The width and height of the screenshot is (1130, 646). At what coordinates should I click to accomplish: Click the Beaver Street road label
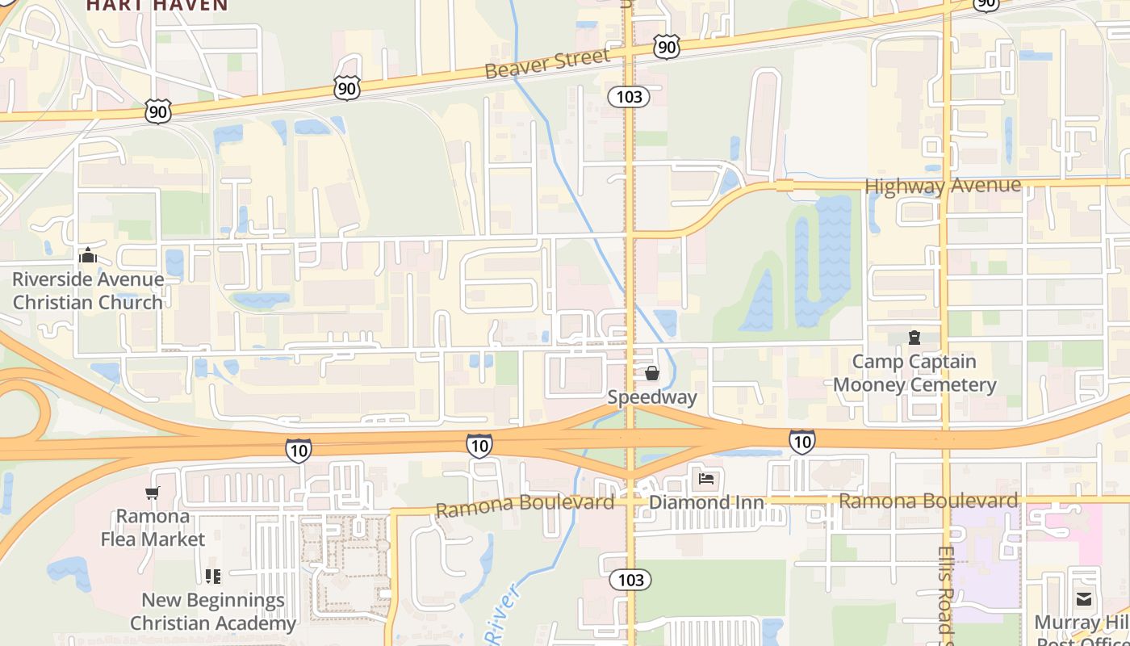(x=546, y=63)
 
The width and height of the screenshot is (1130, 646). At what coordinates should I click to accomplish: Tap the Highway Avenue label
(x=942, y=187)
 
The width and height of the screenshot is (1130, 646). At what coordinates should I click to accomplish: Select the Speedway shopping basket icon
(x=652, y=373)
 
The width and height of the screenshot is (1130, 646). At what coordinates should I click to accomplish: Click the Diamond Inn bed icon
(x=706, y=479)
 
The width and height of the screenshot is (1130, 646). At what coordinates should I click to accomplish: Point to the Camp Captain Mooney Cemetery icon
(x=914, y=337)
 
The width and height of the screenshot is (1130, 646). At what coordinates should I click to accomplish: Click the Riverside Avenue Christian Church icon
(x=87, y=256)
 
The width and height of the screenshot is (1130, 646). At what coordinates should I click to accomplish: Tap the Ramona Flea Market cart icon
(x=153, y=493)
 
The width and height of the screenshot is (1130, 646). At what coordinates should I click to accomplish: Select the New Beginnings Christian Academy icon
(x=213, y=577)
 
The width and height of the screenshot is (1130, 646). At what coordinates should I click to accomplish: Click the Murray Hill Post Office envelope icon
(x=1084, y=598)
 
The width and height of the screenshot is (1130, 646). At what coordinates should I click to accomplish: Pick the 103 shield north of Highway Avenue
(x=629, y=97)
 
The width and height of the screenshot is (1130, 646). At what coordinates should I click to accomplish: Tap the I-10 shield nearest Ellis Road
(x=801, y=441)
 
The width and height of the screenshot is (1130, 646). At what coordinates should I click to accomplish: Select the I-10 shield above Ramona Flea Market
(x=298, y=450)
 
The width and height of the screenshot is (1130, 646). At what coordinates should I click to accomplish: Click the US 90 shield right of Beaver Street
(x=667, y=48)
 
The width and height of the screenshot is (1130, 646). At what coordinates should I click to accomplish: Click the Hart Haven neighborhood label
(x=157, y=6)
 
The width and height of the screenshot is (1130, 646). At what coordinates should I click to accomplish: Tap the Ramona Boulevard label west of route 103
(x=525, y=505)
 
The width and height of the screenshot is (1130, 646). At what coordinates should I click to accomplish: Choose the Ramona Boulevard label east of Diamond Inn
(x=928, y=501)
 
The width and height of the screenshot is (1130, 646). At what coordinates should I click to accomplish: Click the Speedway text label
(x=651, y=397)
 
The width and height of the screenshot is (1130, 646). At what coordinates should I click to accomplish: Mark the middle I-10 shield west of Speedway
(x=479, y=444)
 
